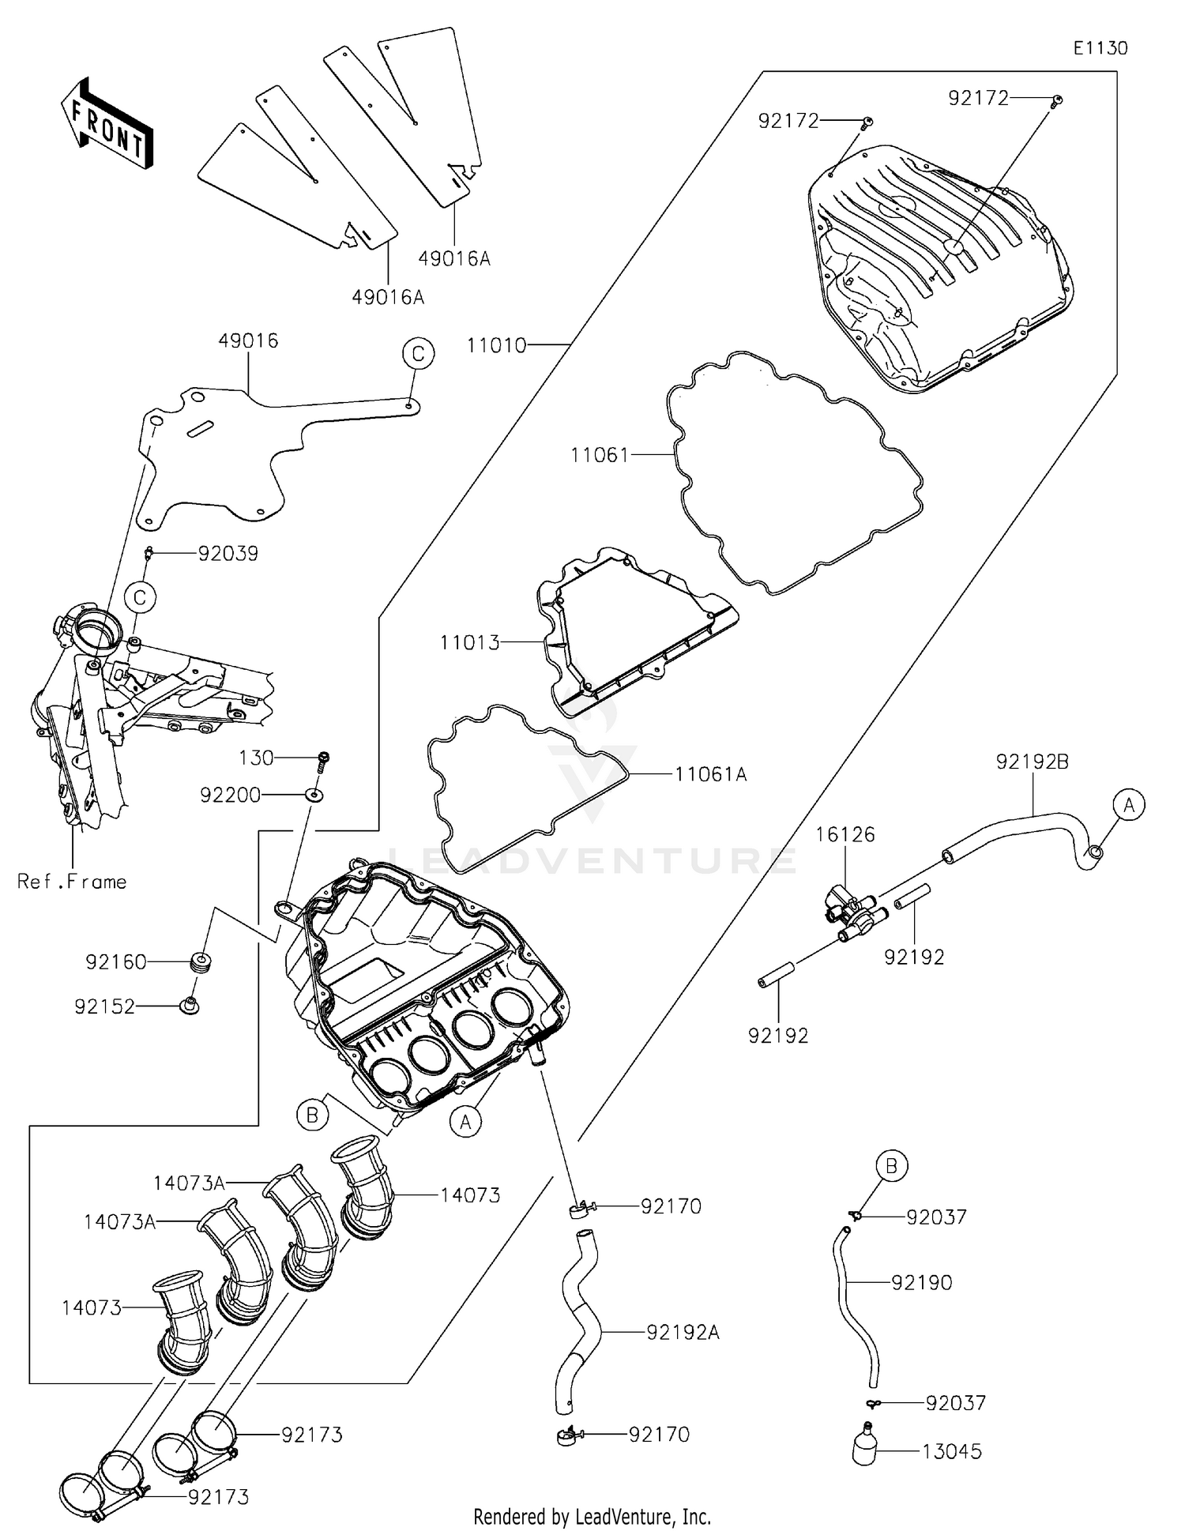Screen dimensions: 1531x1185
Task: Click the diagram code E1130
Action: pos(1100,48)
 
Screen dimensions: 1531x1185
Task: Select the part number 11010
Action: pos(496,345)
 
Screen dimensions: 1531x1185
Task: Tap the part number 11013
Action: pos(469,642)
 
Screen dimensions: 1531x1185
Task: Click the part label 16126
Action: pos(845,834)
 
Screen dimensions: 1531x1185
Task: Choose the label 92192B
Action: pos(1032,762)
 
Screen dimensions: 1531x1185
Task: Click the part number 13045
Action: pos(952,1451)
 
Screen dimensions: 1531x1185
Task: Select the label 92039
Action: pos(228,553)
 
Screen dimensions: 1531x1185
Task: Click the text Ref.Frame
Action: pos(72,882)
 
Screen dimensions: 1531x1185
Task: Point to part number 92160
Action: pos(116,961)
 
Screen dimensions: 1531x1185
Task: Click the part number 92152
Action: pos(104,1006)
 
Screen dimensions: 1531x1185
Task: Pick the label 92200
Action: pos(230,795)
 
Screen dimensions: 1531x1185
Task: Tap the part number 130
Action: pos(256,758)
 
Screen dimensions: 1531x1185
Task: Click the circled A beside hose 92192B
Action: pos(1129,805)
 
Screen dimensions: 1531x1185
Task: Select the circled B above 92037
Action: pos(891,1166)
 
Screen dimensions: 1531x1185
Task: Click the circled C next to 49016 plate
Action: pos(418,353)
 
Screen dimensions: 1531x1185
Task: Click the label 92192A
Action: pos(683,1332)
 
